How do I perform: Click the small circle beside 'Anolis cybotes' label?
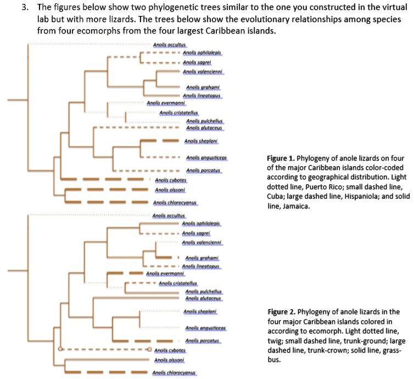pyautogui.click(x=149, y=349)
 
